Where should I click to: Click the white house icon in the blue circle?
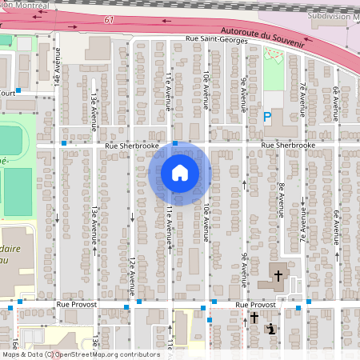coord(179,173)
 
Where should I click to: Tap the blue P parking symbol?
coord(268,117)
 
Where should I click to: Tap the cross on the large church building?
coord(278,275)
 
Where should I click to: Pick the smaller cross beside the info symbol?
coord(254,318)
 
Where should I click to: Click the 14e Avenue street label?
coord(58,66)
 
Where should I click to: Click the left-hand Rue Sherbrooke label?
coord(132,146)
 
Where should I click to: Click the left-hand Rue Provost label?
coord(77,305)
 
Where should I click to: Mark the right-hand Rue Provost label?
coord(255,305)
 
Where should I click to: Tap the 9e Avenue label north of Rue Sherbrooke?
coord(243,95)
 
